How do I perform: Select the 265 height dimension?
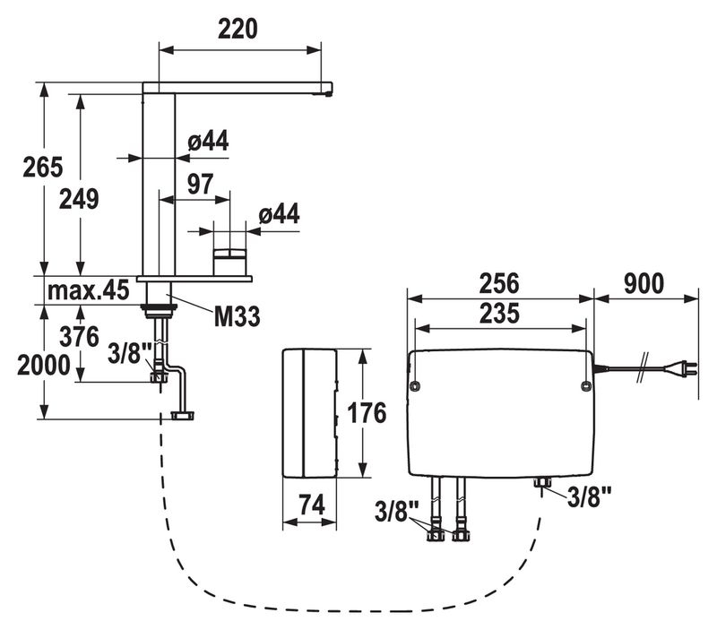[42, 167]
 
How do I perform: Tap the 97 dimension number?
[200, 184]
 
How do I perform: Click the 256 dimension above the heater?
[500, 283]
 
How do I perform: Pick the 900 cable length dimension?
[645, 283]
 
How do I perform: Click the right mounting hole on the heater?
[584, 385]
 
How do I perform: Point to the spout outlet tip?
[329, 90]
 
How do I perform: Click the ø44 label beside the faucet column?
[207, 141]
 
